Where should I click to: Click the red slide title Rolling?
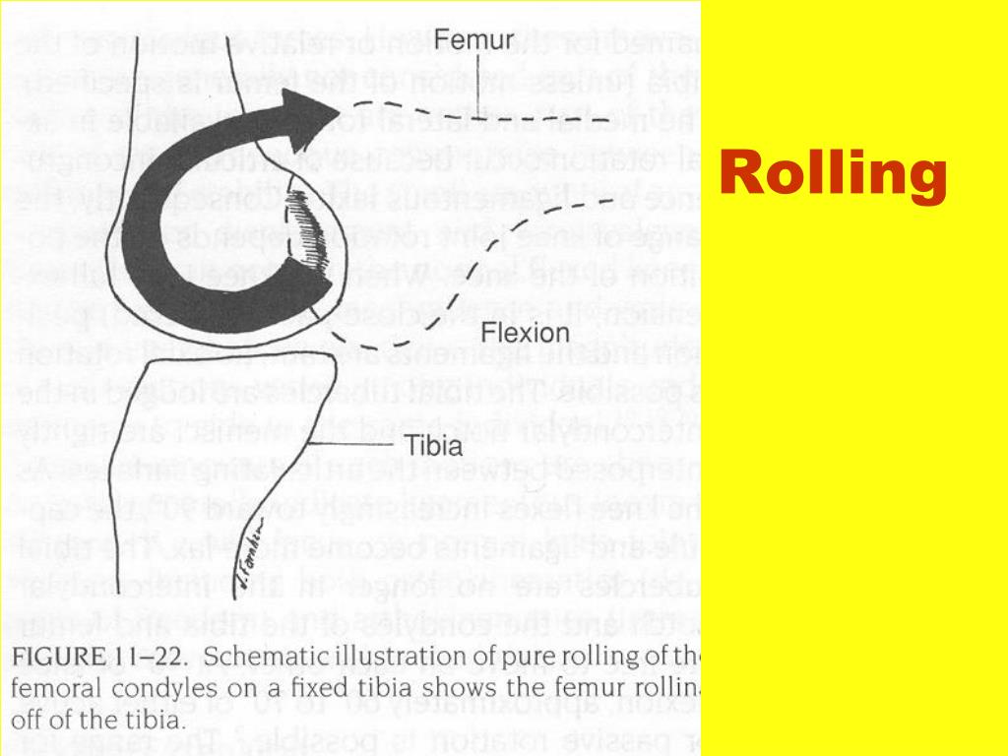tap(833, 175)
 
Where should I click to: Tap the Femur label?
tap(473, 40)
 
